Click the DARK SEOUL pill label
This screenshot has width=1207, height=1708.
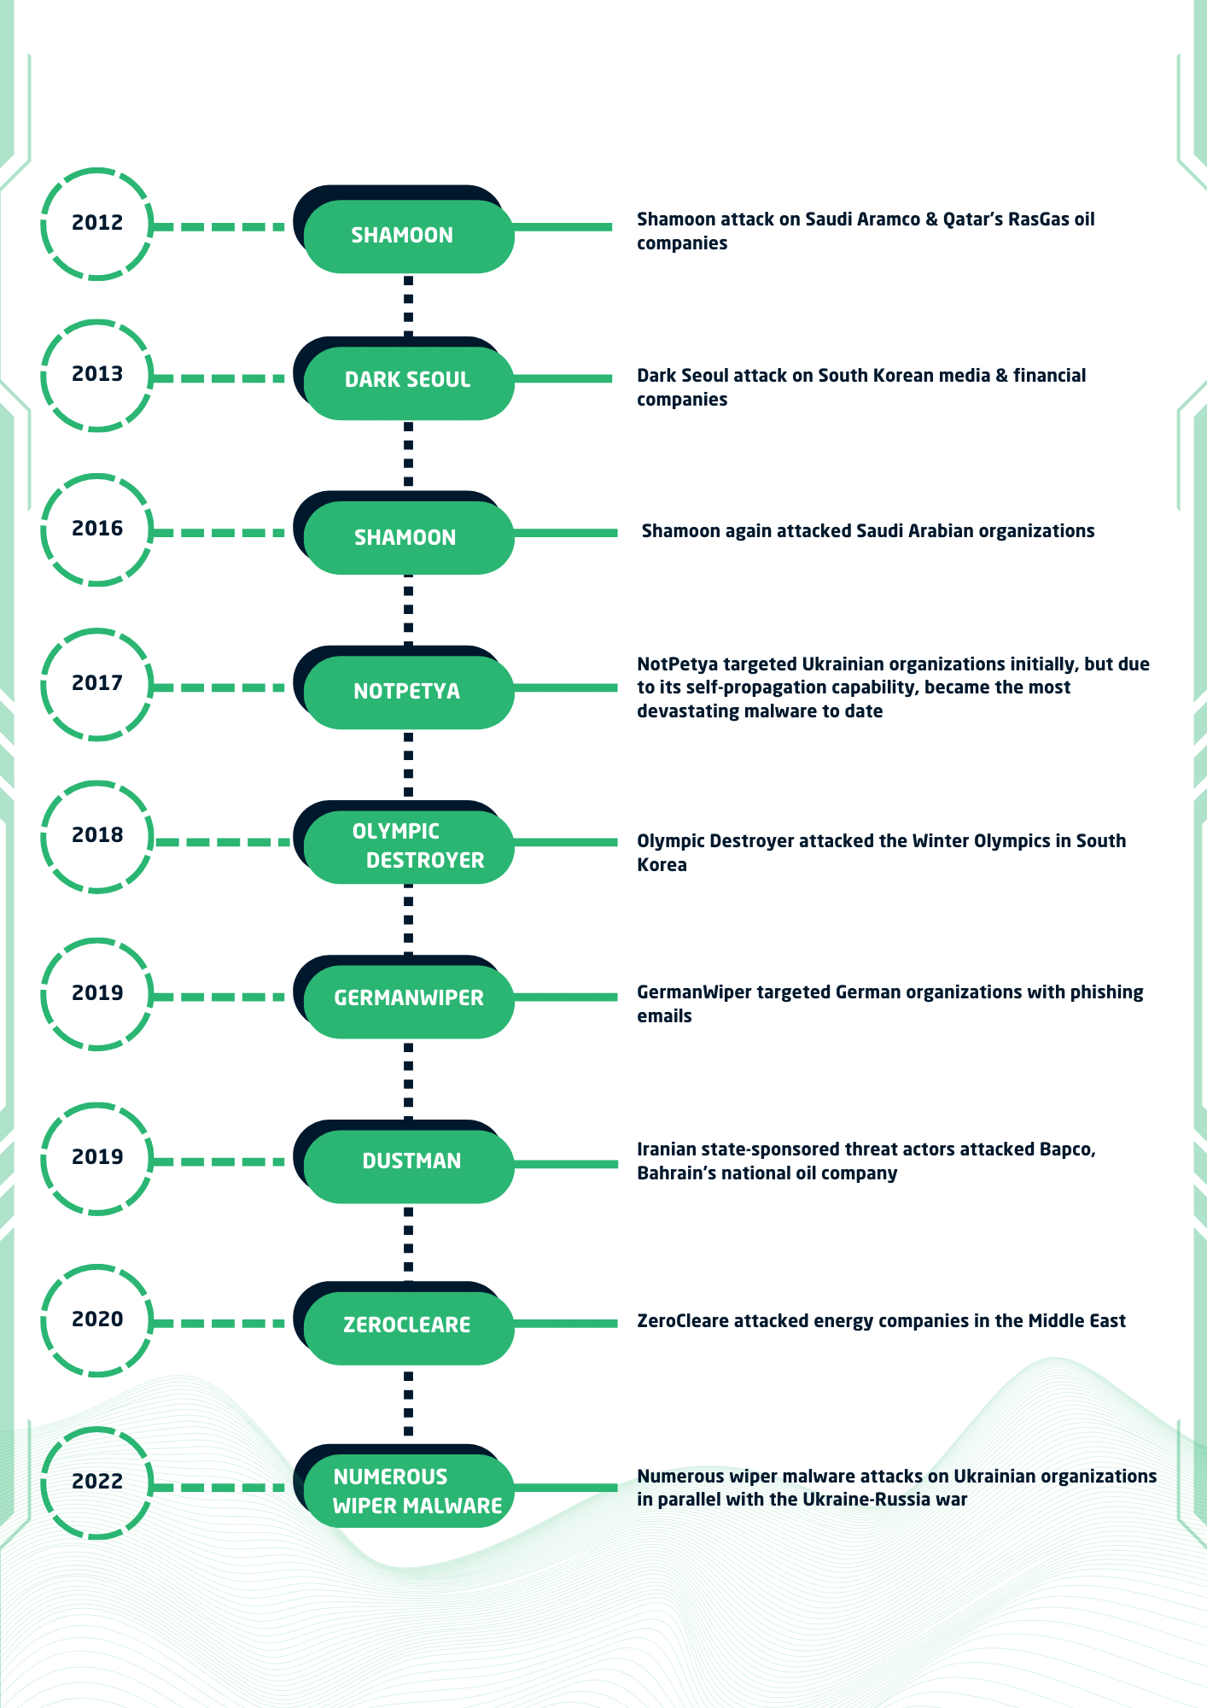pyautogui.click(x=408, y=379)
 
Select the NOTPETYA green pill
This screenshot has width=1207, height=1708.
pyautogui.click(x=408, y=691)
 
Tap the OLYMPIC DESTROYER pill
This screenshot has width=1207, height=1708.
pyautogui.click(x=408, y=846)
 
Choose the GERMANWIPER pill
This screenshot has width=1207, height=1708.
pyautogui.click(x=408, y=1001)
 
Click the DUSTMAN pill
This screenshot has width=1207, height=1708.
pyautogui.click(x=408, y=1166)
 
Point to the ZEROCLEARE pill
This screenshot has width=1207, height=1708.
pyautogui.click(x=408, y=1328)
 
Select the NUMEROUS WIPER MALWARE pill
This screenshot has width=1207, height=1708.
pyautogui.click(x=408, y=1491)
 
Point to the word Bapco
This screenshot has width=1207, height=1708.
pyautogui.click(x=1067, y=1149)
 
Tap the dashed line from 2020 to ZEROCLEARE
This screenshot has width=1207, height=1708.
pyautogui.click(x=219, y=1324)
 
